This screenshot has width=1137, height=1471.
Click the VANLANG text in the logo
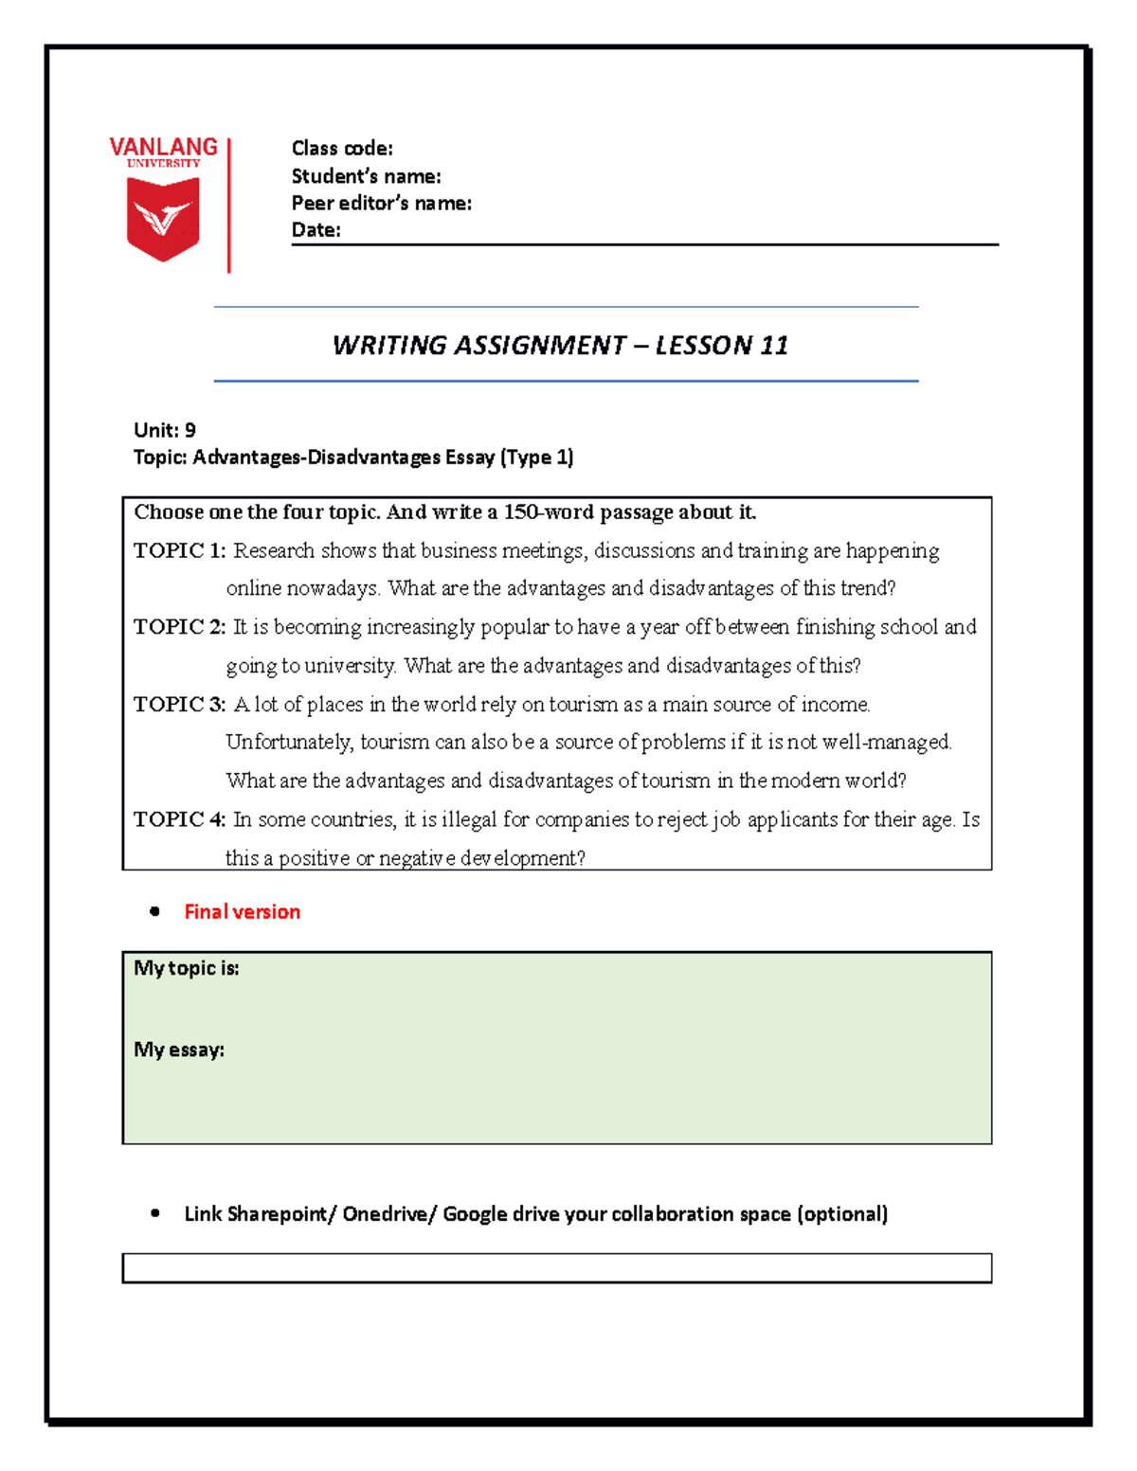[163, 148]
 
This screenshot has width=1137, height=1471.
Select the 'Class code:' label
[342, 149]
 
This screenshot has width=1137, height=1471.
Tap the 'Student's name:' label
[366, 176]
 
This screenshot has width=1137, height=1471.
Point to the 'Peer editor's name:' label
[381, 203]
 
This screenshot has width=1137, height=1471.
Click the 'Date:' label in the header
[316, 229]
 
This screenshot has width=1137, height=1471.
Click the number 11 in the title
[773, 346]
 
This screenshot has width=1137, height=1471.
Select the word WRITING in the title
[388, 346]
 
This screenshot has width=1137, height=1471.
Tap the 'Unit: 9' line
[165, 430]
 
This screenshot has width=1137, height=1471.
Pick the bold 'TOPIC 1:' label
[179, 551]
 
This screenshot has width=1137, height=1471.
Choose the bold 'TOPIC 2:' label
[179, 627]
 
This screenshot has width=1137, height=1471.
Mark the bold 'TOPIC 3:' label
[179, 705]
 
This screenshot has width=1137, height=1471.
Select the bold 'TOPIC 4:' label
[179, 819]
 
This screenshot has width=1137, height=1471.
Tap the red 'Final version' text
[242, 912]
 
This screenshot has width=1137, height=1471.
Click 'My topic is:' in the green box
[187, 968]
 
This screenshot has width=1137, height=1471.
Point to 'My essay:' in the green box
[179, 1049]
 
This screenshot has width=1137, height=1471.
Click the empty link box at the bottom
[556, 1268]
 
